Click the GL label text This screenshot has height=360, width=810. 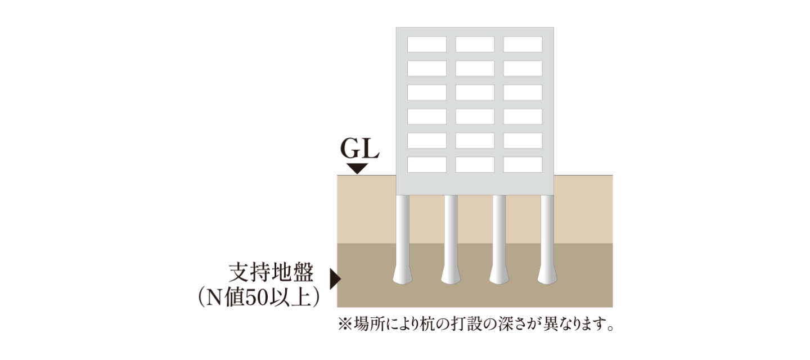(360, 148)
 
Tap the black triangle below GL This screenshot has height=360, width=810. (357, 168)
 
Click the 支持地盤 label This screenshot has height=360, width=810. (271, 272)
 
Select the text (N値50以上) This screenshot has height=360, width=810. (259, 297)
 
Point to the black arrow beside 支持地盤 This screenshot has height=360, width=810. (335, 278)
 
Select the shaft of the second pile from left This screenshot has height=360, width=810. (451, 231)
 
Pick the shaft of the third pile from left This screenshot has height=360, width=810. (499, 231)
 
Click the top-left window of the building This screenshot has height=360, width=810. (427, 44)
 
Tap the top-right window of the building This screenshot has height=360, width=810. (523, 44)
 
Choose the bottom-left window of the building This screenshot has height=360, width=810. (427, 164)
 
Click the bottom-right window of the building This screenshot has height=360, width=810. (523, 164)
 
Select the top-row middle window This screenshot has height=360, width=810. (475, 44)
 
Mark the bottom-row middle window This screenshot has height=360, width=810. (475, 164)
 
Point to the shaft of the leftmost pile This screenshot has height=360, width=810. (403, 231)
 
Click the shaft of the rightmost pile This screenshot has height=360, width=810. (547, 231)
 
